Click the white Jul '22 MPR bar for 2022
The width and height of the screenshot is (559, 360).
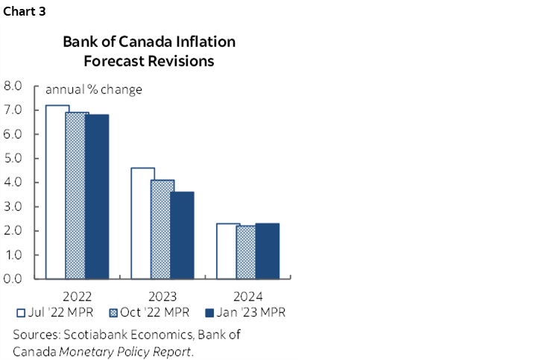57,192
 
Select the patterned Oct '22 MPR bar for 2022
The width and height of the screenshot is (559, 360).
77,196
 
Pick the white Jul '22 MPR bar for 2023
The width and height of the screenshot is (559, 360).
142,224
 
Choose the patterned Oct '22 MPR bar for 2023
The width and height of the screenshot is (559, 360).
162,230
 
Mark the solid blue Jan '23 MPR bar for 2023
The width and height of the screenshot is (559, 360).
183,236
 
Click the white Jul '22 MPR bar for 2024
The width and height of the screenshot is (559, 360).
228,251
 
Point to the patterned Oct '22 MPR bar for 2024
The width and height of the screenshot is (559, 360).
248,253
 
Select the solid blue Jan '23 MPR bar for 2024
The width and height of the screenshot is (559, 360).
268,251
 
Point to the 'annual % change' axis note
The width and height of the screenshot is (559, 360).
94,90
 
